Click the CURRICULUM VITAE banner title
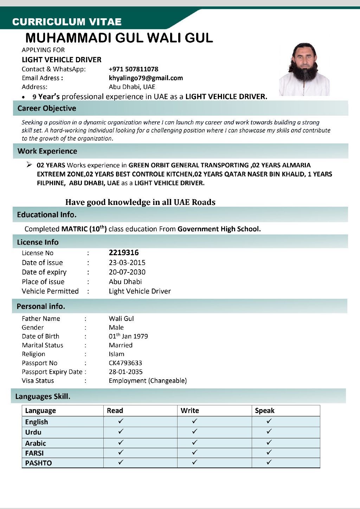(67, 22)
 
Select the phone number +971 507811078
(134, 69)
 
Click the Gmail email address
(146, 78)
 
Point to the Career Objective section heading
(47, 108)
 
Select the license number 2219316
(124, 253)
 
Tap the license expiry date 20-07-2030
(127, 272)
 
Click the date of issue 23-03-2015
(127, 263)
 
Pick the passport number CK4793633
(125, 363)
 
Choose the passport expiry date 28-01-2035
(126, 372)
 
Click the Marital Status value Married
(121, 345)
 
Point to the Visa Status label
(38, 381)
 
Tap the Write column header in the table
(190, 411)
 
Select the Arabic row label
(36, 443)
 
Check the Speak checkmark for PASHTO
(269, 462)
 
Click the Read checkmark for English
(121, 421)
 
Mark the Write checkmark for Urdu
(195, 431)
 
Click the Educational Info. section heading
(47, 214)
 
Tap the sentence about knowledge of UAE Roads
(140, 202)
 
